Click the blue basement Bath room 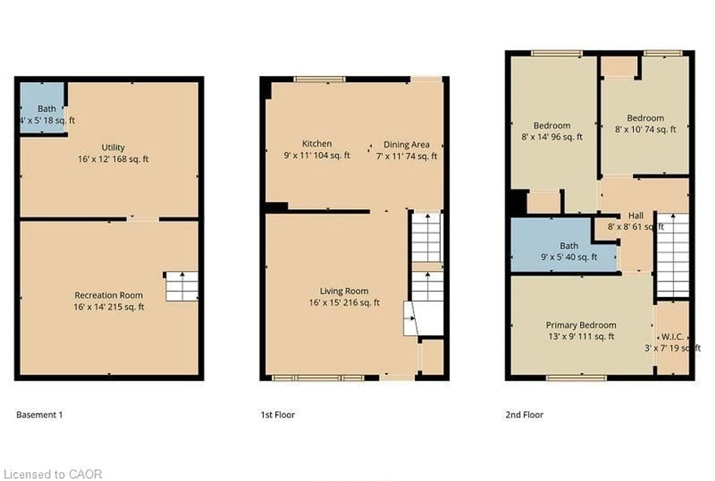click(42, 107)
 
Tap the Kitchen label click(317, 144)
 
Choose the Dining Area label click(406, 145)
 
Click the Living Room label click(344, 291)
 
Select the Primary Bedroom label click(581, 325)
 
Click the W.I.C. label click(672, 337)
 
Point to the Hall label click(636, 216)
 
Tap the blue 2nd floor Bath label click(569, 246)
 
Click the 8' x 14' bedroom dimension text click(552, 137)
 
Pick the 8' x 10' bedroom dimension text click(645, 129)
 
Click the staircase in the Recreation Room click(182, 286)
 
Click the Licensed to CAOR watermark click(53, 474)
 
